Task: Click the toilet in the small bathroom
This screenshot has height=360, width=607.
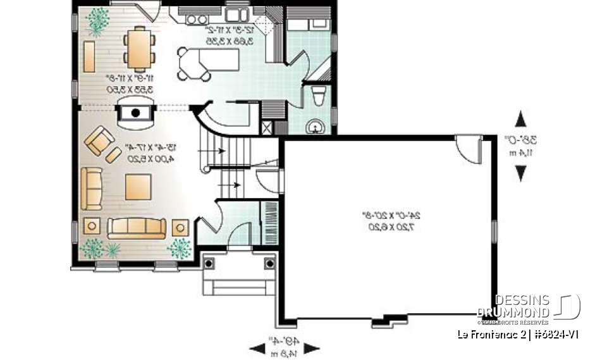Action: pos(319,97)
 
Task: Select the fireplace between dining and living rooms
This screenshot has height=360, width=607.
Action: pos(135,114)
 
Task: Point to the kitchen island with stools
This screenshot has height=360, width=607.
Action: pos(209,61)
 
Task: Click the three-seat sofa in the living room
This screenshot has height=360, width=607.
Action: pos(136,227)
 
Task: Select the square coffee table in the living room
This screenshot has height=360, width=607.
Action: pos(138,186)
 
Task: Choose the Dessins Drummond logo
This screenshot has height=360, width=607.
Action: pos(528,306)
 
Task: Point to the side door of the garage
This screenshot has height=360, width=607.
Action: pos(469,149)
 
